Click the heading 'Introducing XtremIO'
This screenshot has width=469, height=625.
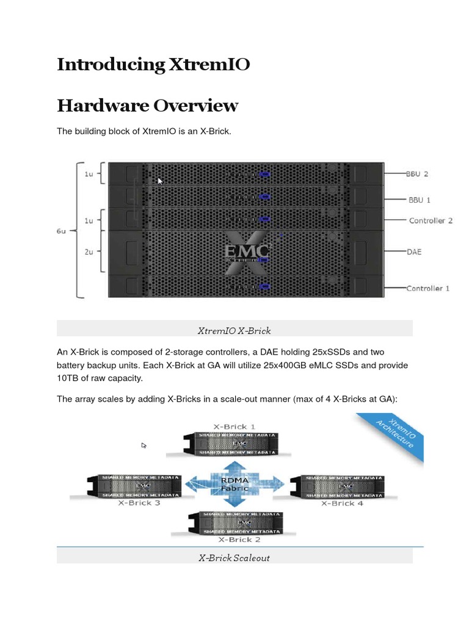pos(153,65)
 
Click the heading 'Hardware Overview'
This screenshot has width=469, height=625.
pos(147,106)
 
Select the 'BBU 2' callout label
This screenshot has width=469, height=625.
pos(418,173)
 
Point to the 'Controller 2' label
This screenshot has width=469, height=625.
pos(431,220)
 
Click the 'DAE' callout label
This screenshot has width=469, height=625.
pos(415,251)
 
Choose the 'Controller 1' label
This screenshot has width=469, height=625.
pos(428,287)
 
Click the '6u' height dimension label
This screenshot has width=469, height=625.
pos(62,231)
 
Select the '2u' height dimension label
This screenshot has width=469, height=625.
pos(89,251)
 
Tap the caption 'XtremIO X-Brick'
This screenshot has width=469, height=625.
pos(234,330)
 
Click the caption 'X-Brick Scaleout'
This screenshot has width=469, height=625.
pos(234,557)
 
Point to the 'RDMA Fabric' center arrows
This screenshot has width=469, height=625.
pos(234,484)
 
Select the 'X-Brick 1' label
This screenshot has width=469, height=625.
pos(234,426)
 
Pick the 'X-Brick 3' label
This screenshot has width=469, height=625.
pos(139,503)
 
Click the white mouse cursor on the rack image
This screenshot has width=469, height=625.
pos(161,181)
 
